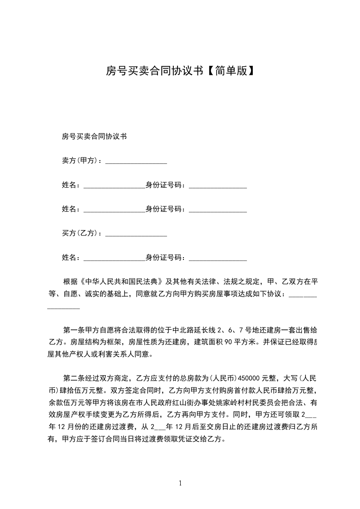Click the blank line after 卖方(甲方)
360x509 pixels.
tap(136, 161)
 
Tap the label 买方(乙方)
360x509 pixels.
tap(80, 233)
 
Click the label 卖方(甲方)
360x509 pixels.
tap(80, 161)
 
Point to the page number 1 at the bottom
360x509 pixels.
tap(180, 483)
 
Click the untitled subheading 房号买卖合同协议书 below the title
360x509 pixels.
tap(94, 136)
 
